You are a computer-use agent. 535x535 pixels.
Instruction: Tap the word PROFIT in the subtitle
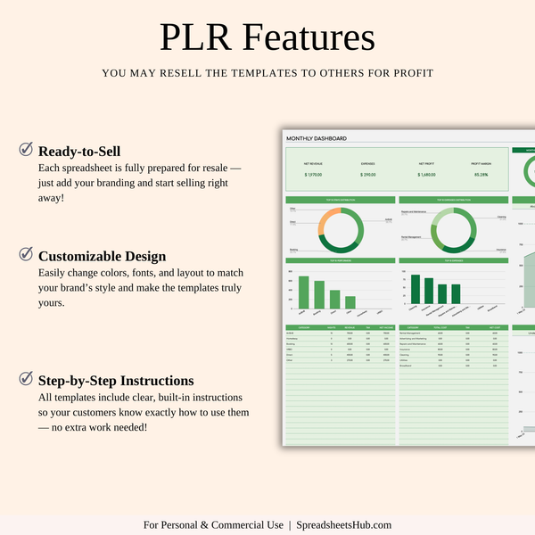(413, 73)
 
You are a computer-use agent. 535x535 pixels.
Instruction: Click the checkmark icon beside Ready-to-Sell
(26, 150)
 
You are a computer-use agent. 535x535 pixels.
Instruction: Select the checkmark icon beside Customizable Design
(26, 254)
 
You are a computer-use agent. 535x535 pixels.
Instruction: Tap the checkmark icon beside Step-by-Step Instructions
(26, 379)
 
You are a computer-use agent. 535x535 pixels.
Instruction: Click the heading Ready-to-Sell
(79, 152)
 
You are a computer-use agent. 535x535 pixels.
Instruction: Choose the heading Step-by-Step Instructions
(116, 381)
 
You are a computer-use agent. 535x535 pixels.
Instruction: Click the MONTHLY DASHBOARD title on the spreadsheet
(317, 139)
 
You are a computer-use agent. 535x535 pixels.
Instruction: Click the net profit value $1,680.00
(426, 175)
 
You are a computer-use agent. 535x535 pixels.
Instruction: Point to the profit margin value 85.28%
(481, 175)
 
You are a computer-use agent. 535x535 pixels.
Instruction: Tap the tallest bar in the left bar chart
(304, 292)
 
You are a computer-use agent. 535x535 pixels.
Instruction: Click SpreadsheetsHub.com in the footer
(344, 525)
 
